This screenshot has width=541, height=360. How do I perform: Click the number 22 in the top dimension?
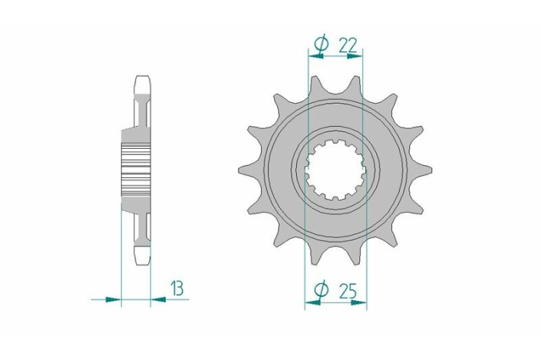pyautogui.click(x=348, y=45)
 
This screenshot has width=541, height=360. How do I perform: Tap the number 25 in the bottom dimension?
pyautogui.click(x=348, y=292)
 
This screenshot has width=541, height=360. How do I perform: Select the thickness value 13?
pyautogui.click(x=177, y=289)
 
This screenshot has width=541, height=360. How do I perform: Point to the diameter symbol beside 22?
pyautogui.click(x=321, y=45)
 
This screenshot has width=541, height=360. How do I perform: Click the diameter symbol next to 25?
pyautogui.click(x=321, y=290)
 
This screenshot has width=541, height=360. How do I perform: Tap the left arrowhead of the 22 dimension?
pyautogui.click(x=315, y=56)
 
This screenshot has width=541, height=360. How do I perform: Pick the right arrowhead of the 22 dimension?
pyautogui.click(x=355, y=56)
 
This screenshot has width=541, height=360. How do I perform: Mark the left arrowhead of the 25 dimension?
pyautogui.click(x=312, y=302)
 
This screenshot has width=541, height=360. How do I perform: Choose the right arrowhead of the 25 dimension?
pyautogui.click(x=358, y=302)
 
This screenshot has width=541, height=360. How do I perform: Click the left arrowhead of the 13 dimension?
pyautogui.click(x=113, y=299)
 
